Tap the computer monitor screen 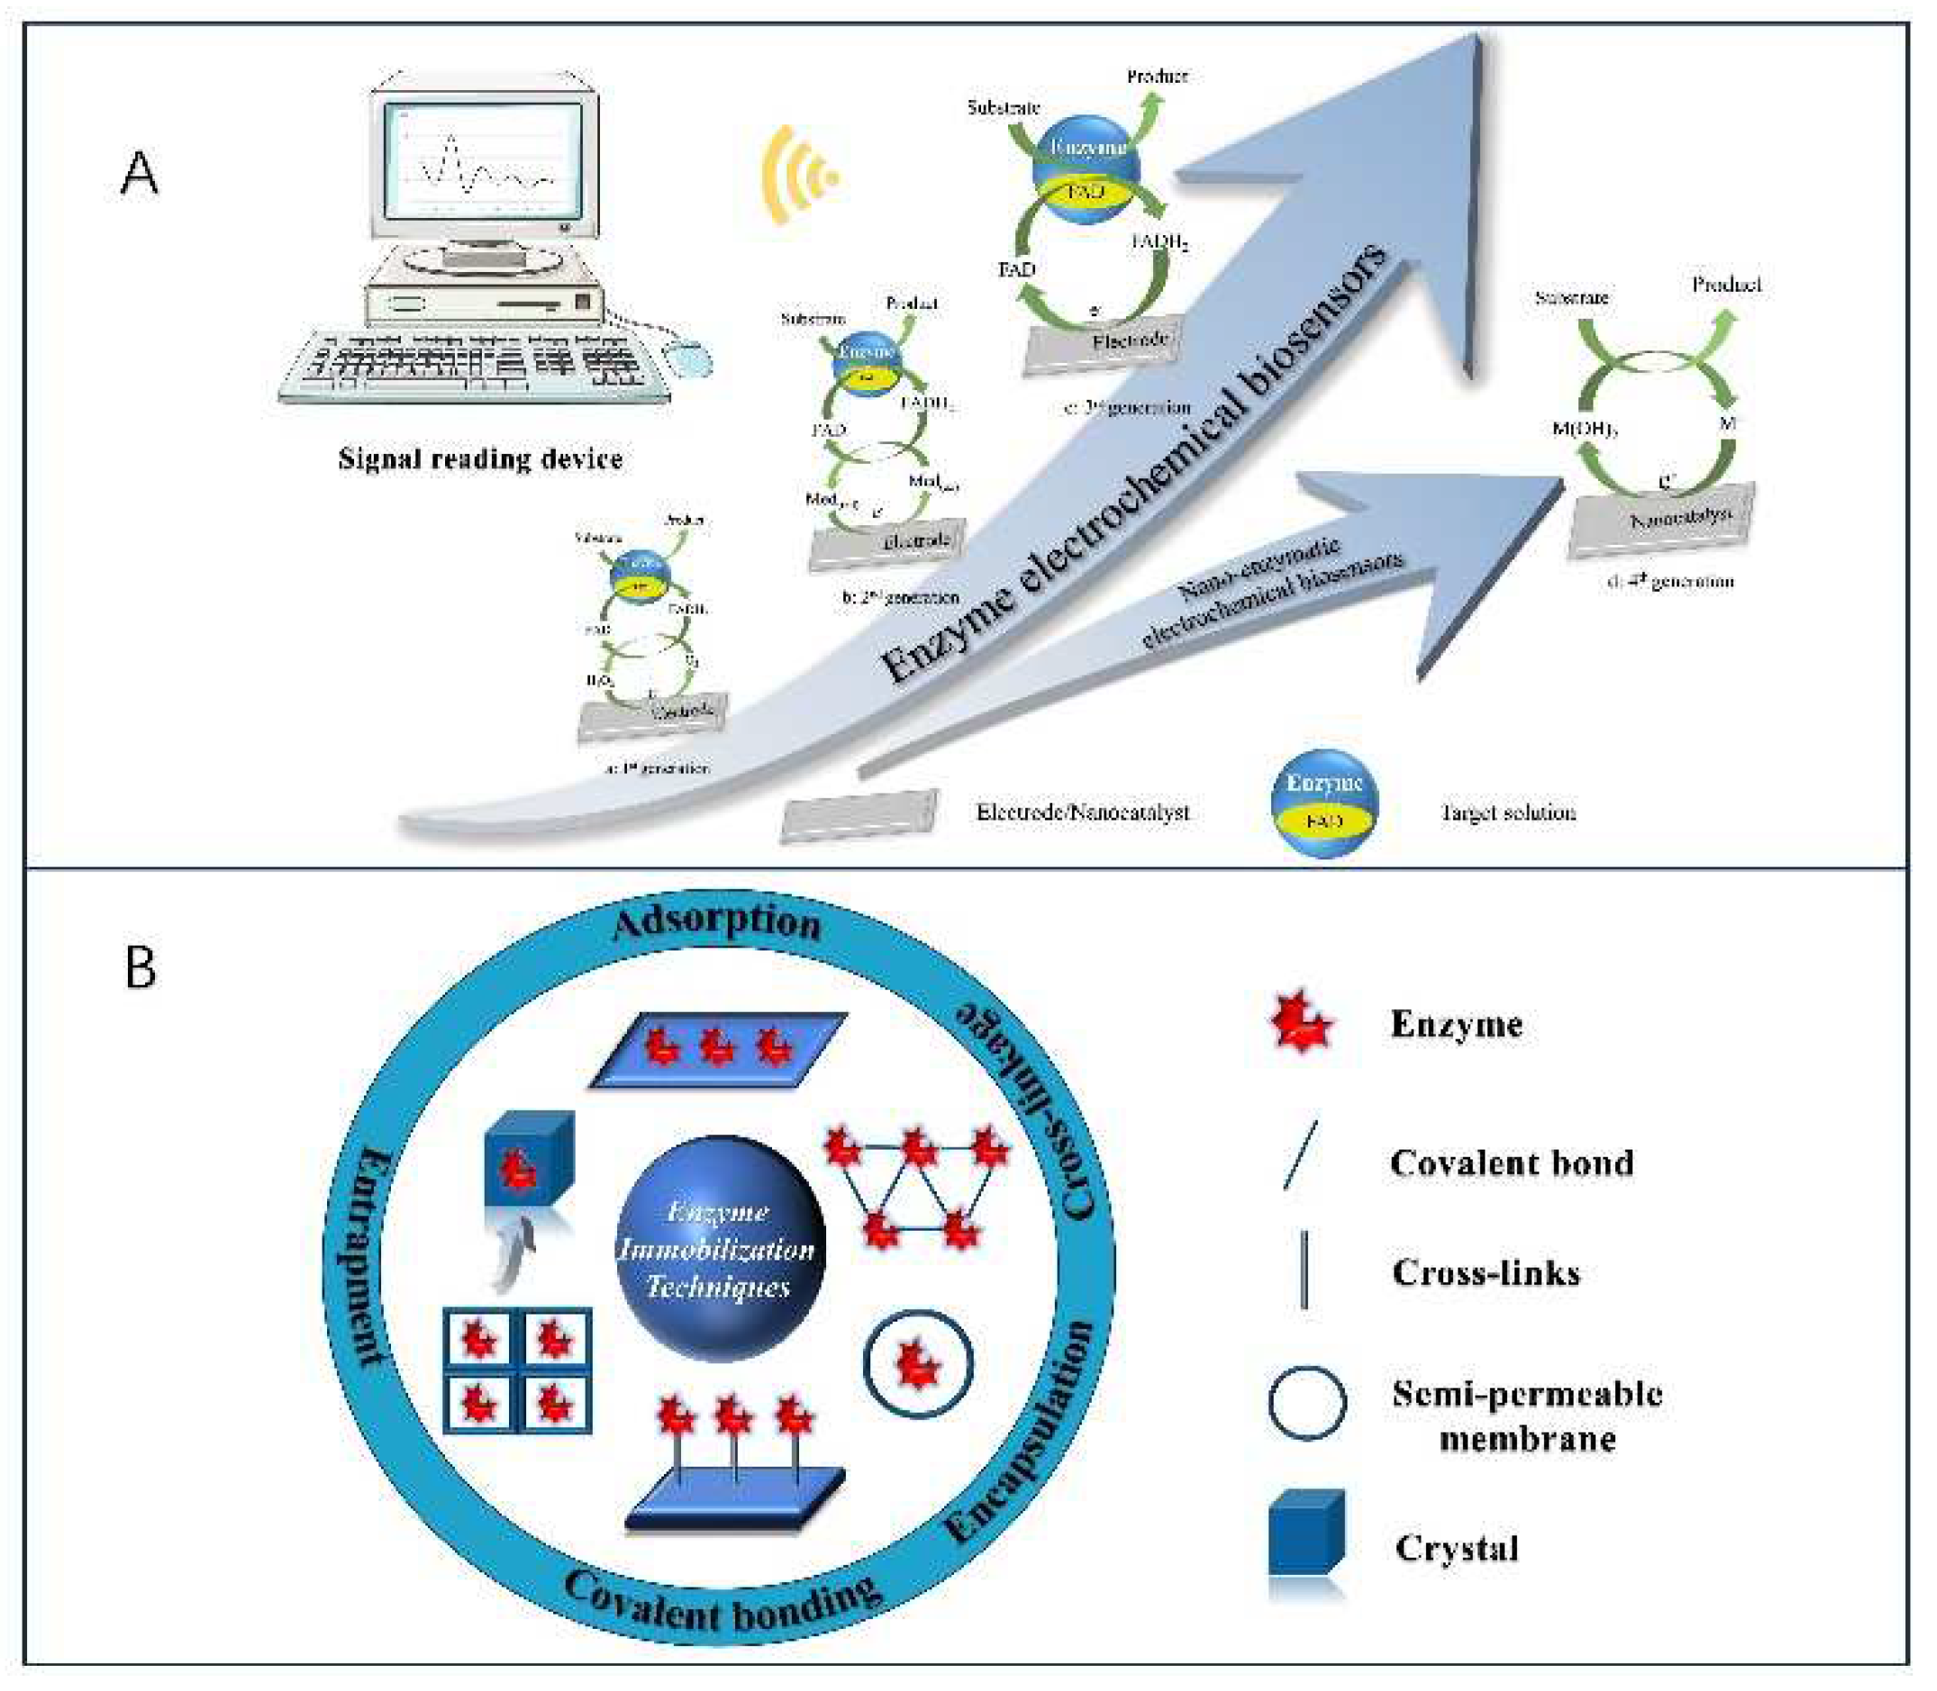[482, 157]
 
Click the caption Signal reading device [480, 459]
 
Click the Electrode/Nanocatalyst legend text [1082, 813]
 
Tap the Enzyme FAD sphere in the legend [1323, 802]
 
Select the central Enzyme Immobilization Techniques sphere [720, 1248]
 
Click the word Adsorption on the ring [717, 922]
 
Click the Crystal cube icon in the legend [1305, 1533]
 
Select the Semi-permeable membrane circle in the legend [1306, 1404]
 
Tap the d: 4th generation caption [1670, 581]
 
